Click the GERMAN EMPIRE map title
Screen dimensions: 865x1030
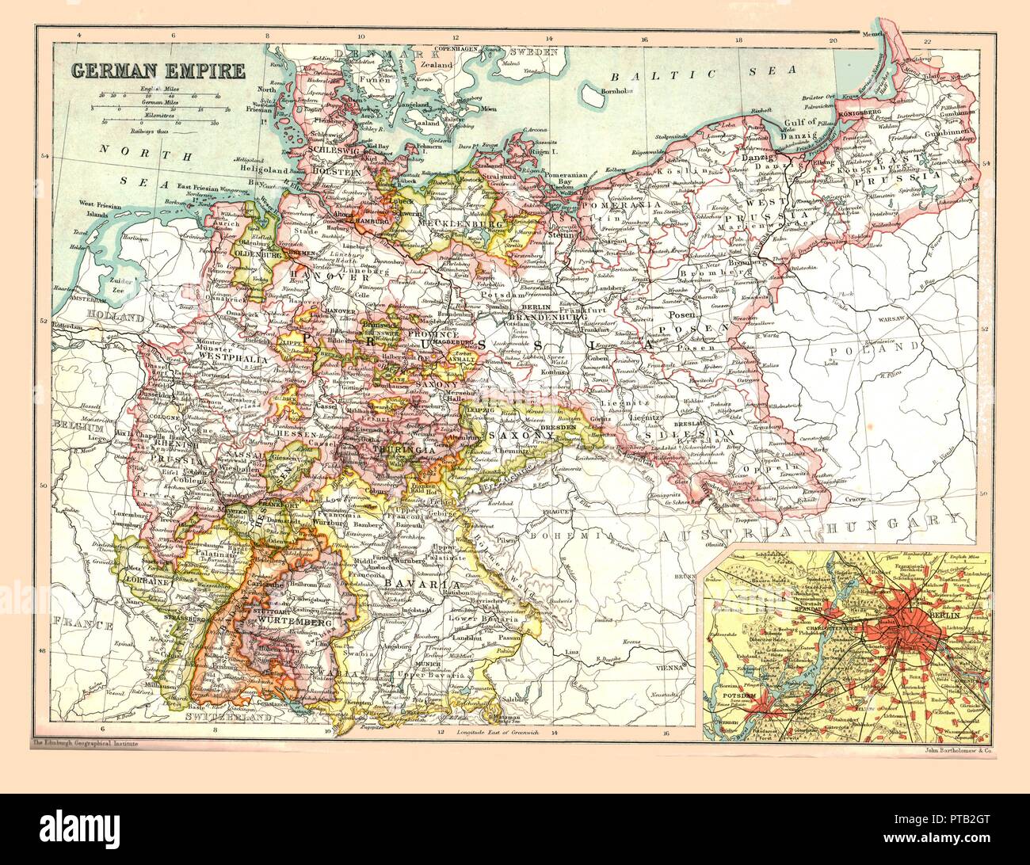158,70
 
